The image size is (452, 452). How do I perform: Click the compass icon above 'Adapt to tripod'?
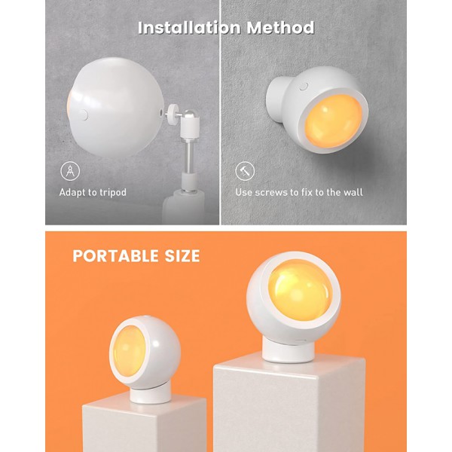coord(69,170)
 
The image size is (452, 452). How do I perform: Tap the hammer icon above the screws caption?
coord(244,170)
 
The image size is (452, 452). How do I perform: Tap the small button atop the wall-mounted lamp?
coord(304,87)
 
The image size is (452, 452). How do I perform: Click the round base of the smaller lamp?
coord(149,393)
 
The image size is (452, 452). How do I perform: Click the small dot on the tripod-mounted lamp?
coord(84,113)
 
